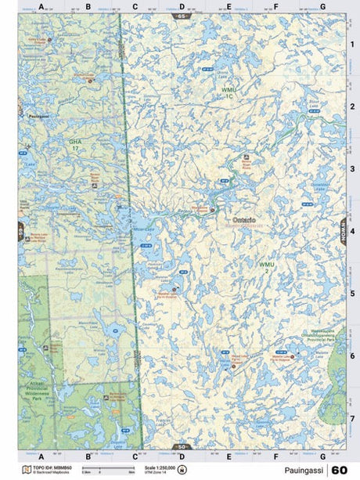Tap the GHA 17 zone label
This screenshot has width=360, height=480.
75,144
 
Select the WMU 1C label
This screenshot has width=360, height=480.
228,92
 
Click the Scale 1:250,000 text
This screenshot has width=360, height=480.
157,467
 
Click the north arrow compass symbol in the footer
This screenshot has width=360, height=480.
182,470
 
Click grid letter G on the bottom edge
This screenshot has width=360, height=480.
322,456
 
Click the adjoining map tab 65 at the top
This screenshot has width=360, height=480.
182,15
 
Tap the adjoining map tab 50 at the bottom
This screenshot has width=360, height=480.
182,447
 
